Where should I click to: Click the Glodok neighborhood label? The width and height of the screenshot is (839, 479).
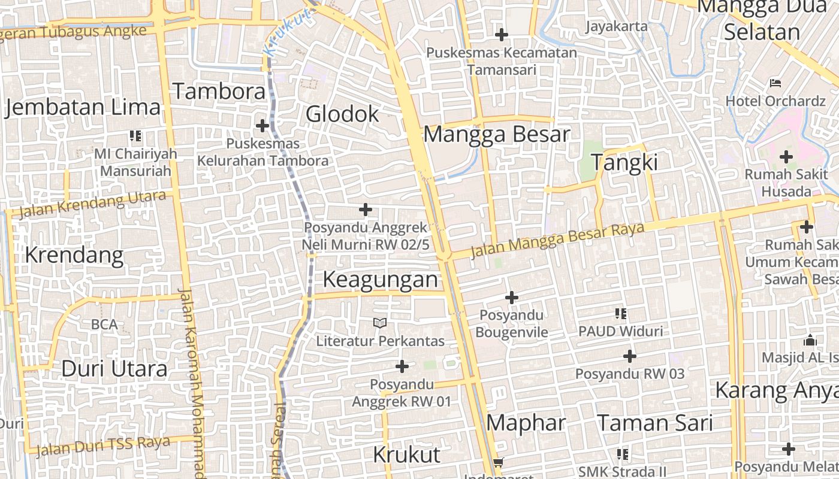[343, 114]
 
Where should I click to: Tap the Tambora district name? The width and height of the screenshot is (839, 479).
[219, 92]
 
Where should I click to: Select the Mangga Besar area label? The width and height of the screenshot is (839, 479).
[497, 134]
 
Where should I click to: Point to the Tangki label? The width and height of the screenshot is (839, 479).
[624, 162]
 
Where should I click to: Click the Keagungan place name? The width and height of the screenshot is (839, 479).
[381, 280]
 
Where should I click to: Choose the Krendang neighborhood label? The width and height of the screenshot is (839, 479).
[74, 256]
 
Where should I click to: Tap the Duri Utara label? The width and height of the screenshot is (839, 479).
[114, 369]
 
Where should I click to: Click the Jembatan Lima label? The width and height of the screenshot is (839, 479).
[83, 108]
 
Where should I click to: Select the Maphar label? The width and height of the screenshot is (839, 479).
[526, 423]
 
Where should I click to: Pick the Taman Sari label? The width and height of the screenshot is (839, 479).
[655, 423]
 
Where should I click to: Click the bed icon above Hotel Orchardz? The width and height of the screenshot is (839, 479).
[775, 83]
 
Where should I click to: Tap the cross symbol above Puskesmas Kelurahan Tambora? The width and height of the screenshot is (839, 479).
[262, 126]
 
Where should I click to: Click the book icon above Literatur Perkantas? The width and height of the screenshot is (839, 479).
[380, 323]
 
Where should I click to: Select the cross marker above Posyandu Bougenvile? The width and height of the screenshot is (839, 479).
[512, 298]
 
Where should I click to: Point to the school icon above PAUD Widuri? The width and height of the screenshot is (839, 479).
[621, 313]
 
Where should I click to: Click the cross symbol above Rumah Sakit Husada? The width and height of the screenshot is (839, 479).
[786, 157]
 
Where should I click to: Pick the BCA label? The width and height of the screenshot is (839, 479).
[104, 325]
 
